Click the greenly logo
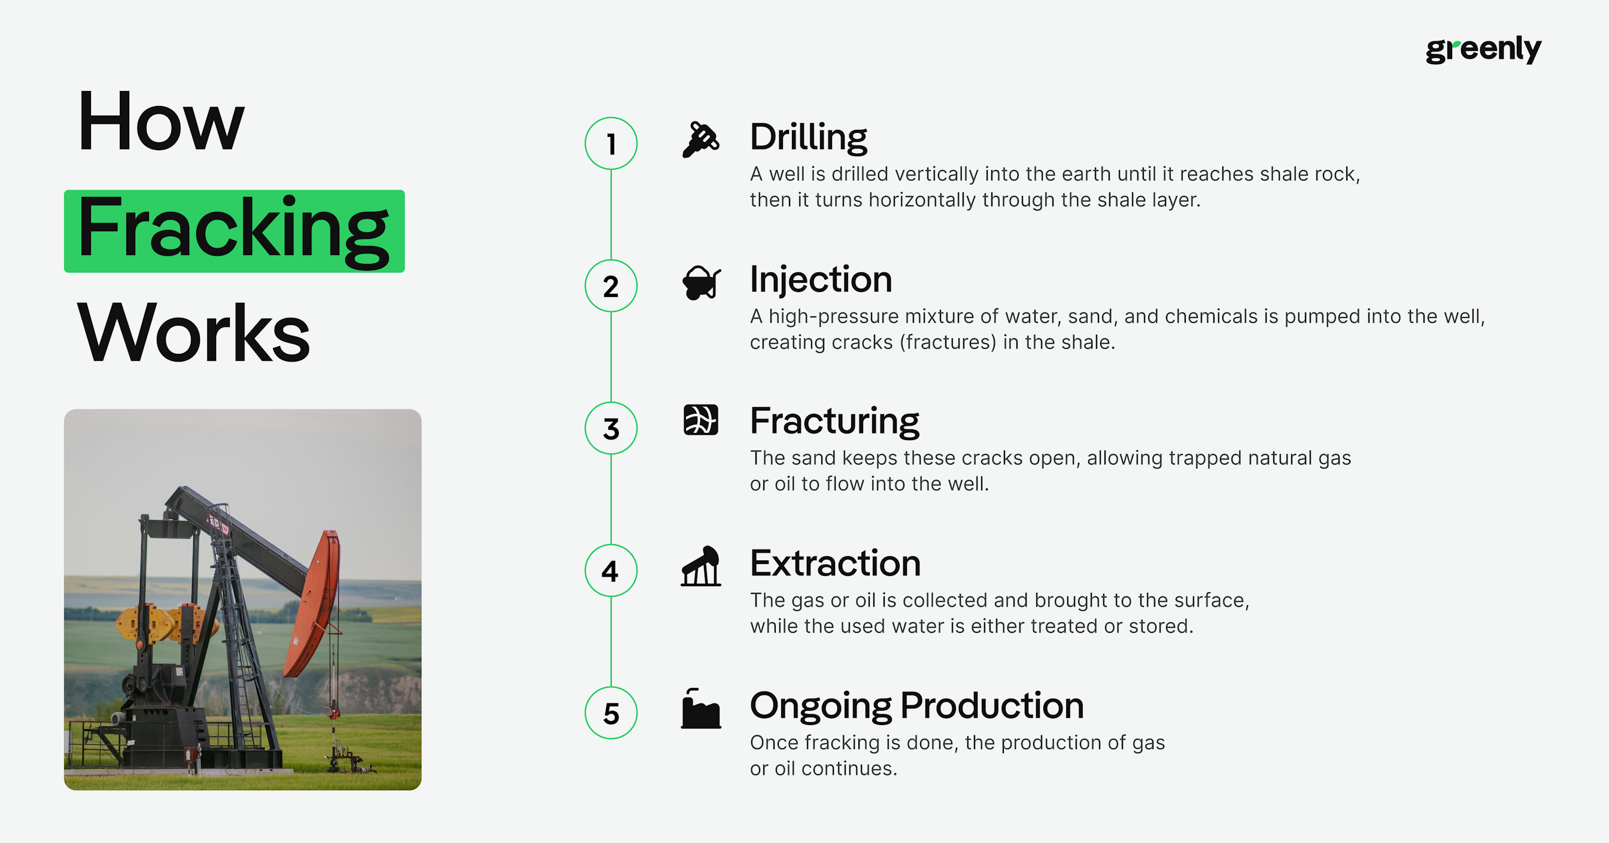click(1483, 49)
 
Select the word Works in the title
click(193, 332)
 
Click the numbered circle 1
click(611, 143)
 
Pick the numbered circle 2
click(611, 286)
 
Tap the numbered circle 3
click(611, 428)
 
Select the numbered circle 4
click(611, 571)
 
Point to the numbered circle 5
click(611, 713)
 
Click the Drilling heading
click(808, 138)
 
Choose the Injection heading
click(821, 280)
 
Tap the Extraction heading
click(835, 563)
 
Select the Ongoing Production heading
click(916, 705)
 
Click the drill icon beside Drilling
click(701, 140)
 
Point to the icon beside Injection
click(701, 283)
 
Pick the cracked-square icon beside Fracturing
click(701, 419)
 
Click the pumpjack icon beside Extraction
click(701, 566)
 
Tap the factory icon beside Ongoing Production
click(701, 709)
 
